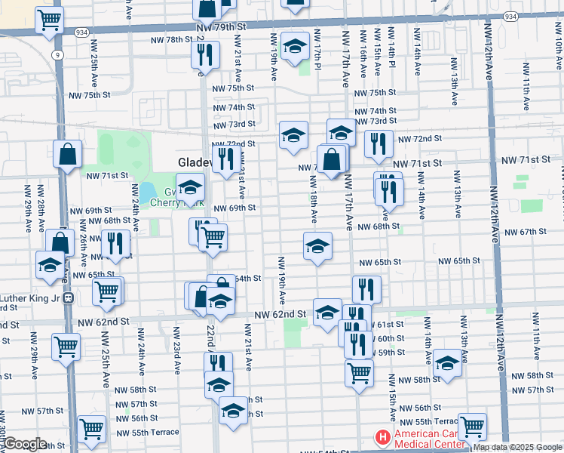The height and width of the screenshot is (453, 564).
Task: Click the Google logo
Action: point(24,445)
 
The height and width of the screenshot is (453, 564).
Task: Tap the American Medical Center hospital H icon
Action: point(383,438)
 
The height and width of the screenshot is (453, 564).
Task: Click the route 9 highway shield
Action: point(57,54)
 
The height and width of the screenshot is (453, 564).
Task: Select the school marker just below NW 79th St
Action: point(295,45)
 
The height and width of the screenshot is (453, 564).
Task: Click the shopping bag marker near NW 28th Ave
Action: point(67,153)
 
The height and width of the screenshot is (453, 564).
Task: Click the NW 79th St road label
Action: point(221,26)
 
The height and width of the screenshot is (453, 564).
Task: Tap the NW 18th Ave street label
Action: point(313,199)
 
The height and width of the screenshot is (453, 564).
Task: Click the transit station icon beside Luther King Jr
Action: point(68,297)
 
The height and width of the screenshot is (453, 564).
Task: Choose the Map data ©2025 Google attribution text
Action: point(517,447)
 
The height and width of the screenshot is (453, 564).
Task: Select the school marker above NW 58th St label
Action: point(447,362)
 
